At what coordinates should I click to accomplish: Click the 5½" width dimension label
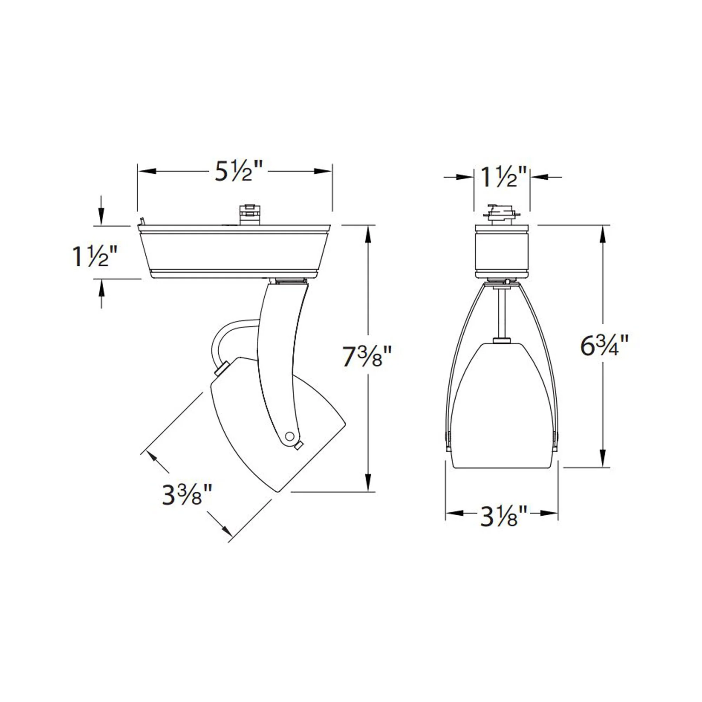pos(238,171)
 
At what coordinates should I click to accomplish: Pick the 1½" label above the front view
pos(503,177)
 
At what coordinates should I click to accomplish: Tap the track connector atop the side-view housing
pos(250,216)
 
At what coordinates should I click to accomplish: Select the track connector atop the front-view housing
pos(502,216)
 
